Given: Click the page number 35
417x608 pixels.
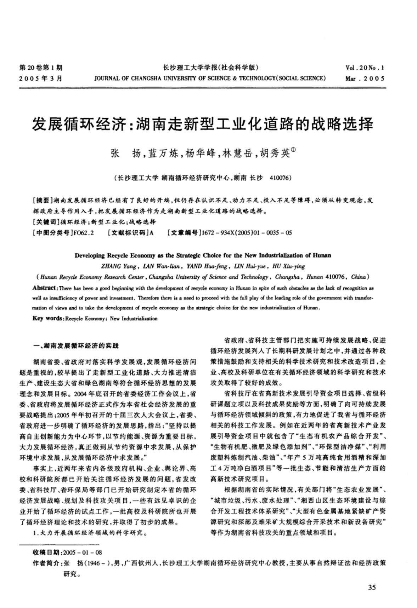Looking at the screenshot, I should pos(372,588).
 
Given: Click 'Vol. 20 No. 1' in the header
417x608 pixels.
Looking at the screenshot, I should pos(365,68).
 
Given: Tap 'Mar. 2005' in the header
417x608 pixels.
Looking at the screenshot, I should pos(365,79).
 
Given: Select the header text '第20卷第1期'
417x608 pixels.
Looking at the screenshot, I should pos(41,68).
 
